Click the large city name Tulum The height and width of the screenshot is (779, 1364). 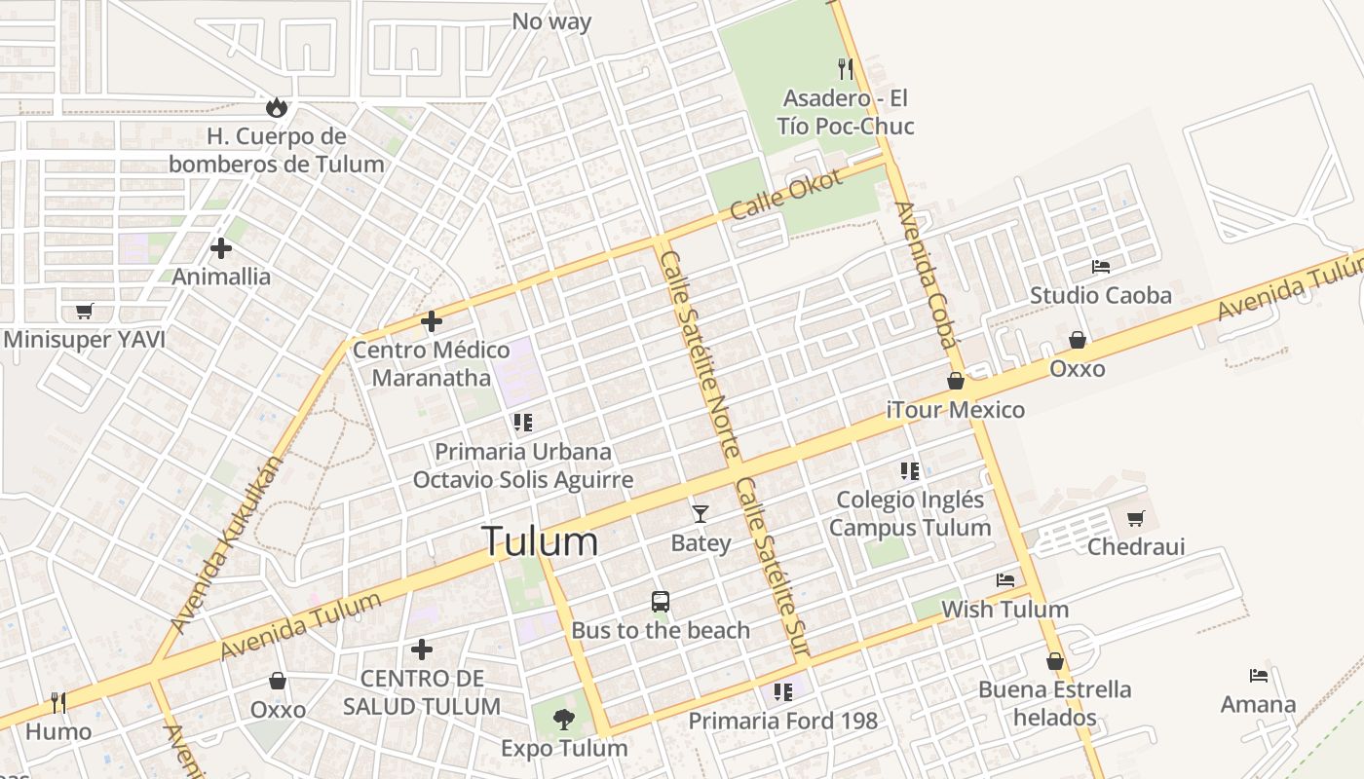point(540,541)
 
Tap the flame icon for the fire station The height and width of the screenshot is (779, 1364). point(277,107)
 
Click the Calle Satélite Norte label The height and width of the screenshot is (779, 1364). point(699,352)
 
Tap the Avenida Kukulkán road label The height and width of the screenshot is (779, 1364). point(224,545)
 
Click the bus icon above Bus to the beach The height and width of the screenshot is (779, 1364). point(661,602)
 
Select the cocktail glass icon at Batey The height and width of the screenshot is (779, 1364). point(700,513)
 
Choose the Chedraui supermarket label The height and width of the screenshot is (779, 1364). point(1136,546)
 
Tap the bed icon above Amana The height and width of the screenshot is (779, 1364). point(1259,676)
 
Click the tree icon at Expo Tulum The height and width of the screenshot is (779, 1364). point(563,720)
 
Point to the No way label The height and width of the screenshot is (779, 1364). point(551,20)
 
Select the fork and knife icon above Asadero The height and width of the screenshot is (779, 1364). point(846,68)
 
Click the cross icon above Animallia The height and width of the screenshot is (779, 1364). point(221,248)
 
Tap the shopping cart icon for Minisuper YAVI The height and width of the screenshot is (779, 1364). point(84,312)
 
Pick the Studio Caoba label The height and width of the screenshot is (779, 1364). point(1101,295)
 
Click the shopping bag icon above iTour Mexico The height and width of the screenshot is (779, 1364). point(956,381)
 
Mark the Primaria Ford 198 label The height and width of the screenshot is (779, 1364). point(783,721)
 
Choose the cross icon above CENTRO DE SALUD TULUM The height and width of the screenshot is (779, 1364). point(422,649)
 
